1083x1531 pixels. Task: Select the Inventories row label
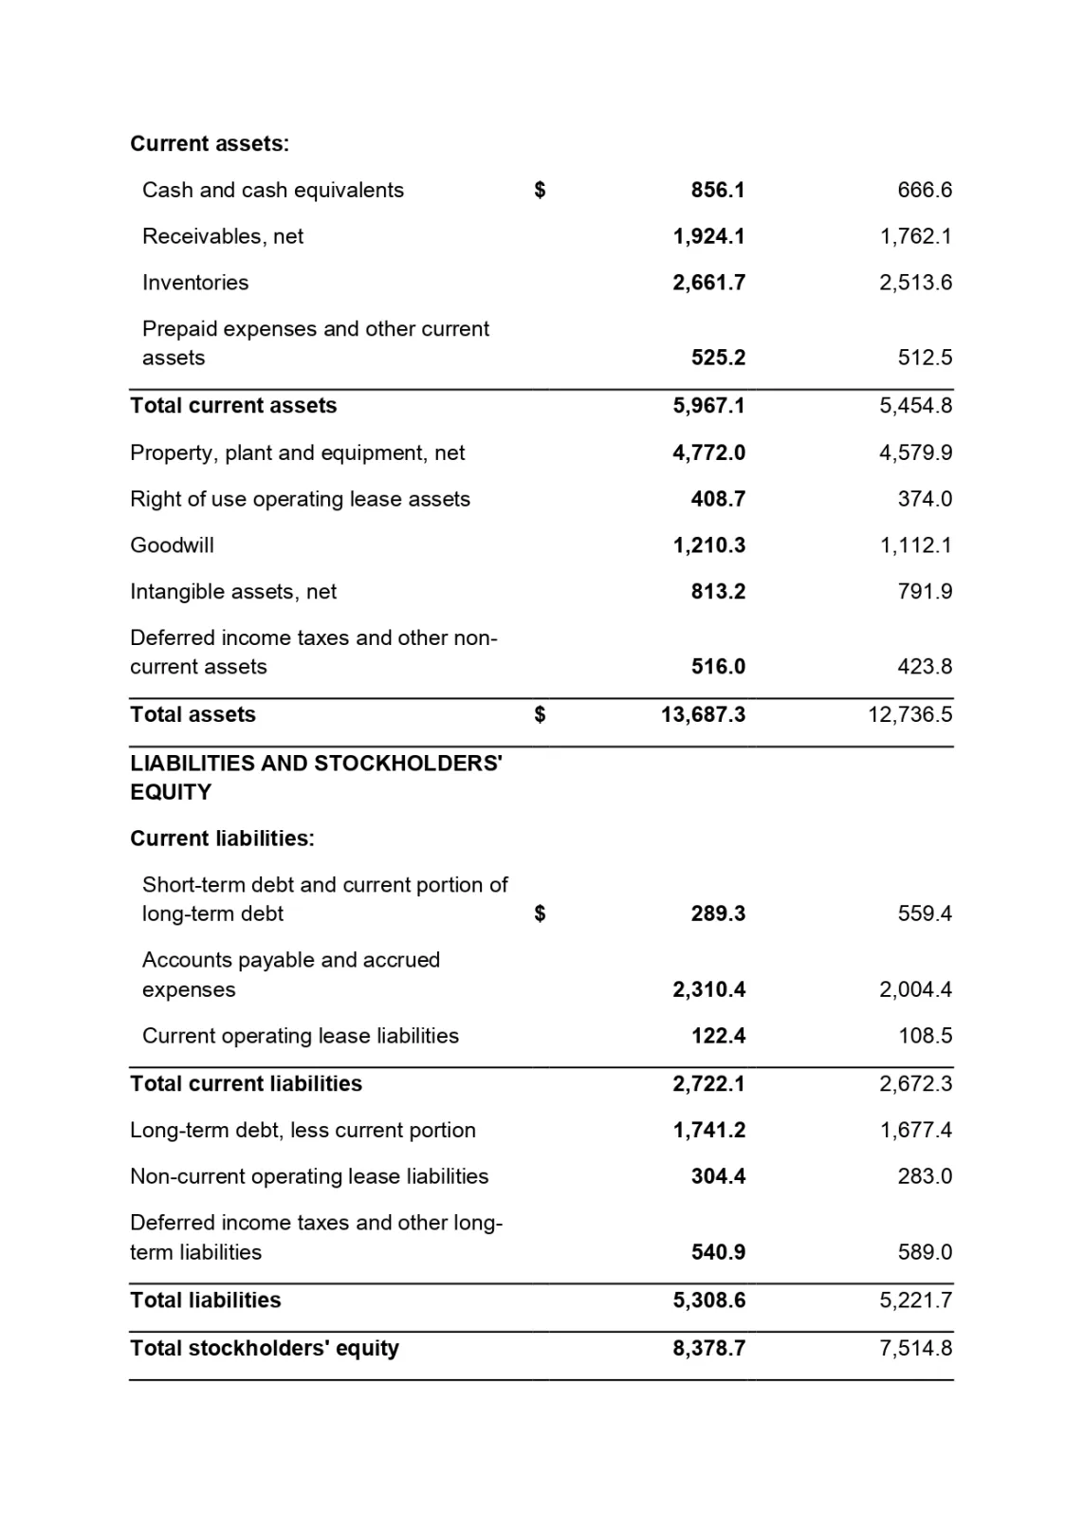click(195, 283)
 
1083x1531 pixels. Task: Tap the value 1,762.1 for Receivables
click(915, 236)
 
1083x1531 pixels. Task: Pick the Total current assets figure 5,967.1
click(708, 406)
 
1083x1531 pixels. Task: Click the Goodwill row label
click(172, 545)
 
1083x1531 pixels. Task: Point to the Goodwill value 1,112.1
click(915, 545)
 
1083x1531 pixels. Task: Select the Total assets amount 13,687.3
click(703, 714)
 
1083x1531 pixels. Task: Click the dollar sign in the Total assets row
click(540, 714)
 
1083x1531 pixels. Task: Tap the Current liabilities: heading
click(222, 839)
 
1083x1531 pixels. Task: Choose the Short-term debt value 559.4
click(925, 913)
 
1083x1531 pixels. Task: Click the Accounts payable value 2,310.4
click(708, 989)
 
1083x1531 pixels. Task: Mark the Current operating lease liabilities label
click(300, 1036)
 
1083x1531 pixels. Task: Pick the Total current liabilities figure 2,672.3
click(915, 1083)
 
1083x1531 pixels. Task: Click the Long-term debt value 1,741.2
click(708, 1130)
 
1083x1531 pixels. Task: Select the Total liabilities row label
click(205, 1300)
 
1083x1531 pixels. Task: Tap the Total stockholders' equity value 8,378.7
click(708, 1348)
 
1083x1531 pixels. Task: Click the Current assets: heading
click(210, 144)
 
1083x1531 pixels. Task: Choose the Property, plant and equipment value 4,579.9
click(915, 452)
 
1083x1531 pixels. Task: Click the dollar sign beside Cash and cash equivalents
click(540, 190)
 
